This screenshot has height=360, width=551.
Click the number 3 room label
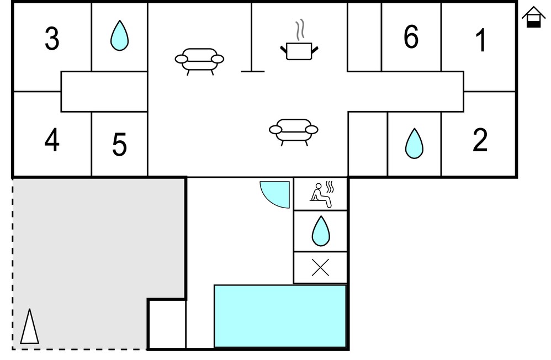52,39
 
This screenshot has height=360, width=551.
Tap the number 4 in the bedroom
52,140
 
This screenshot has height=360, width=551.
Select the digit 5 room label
119,144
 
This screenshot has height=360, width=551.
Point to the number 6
411,36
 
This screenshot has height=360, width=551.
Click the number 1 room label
481,40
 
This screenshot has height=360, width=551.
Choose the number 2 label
480,140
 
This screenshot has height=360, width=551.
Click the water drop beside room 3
119,35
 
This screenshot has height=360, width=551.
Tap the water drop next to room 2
414,143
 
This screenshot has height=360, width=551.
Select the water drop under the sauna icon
321,231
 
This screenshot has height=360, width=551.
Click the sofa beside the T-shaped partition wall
199,61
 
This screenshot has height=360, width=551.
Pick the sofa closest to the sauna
293,132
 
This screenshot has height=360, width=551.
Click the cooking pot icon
299,51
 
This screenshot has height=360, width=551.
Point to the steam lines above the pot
299,30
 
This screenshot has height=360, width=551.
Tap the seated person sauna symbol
321,195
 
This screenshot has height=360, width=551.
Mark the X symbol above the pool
320,268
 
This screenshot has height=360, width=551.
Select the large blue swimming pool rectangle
280,316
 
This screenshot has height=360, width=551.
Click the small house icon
533,17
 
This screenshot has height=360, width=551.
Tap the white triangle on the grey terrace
29,326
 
